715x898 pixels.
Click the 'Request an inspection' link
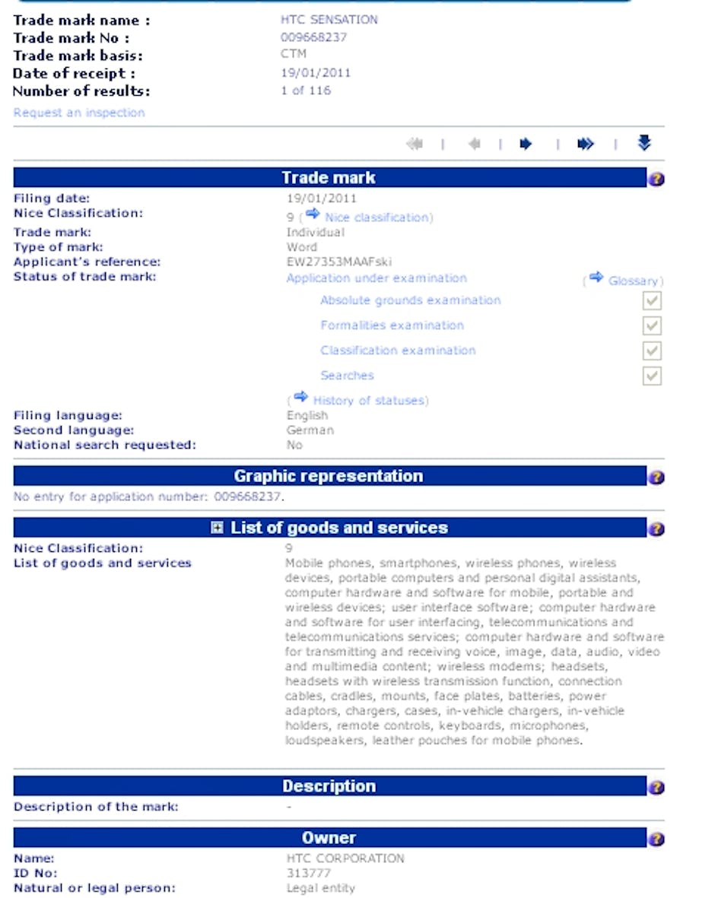click(x=79, y=113)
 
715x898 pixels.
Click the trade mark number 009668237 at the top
click(x=314, y=37)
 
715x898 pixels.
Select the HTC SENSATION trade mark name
click(x=329, y=20)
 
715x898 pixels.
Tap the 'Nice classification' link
click(x=377, y=217)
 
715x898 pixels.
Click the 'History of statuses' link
click(x=370, y=400)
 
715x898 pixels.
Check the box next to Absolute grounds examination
click(x=652, y=300)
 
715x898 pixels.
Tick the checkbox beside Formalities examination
click(x=652, y=325)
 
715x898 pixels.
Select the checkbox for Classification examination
click(x=652, y=351)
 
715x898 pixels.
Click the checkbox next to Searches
click(x=652, y=376)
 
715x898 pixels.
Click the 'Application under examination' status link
click(x=377, y=278)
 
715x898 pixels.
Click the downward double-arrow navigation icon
click(x=644, y=143)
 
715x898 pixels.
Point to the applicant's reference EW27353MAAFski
click(x=339, y=262)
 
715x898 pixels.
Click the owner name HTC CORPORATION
click(x=345, y=858)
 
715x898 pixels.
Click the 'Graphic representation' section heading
click(x=328, y=477)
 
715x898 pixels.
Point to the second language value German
click(x=310, y=430)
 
